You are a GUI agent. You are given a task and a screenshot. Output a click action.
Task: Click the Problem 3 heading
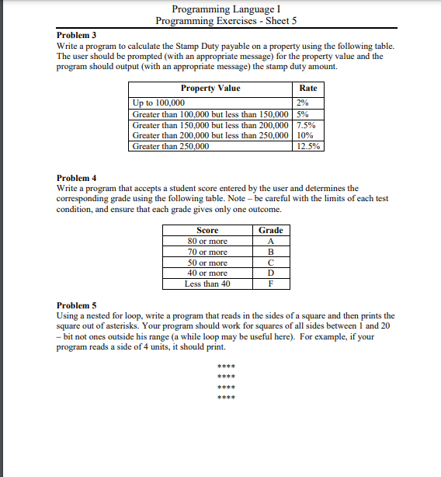(x=77, y=36)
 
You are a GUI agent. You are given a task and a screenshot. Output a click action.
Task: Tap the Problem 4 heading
(x=77, y=178)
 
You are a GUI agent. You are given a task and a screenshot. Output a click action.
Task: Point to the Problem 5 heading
(x=77, y=305)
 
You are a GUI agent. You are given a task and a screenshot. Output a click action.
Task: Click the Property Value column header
(x=210, y=89)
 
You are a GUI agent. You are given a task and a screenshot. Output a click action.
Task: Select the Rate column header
(x=308, y=89)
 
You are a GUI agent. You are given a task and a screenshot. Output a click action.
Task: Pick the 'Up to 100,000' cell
(x=159, y=103)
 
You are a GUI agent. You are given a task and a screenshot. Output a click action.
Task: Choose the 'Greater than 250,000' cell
(x=171, y=146)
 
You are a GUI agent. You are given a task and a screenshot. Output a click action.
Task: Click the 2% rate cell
(x=304, y=103)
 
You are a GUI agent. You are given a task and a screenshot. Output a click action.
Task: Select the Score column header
(x=207, y=230)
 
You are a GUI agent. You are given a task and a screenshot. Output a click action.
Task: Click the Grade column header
(x=270, y=230)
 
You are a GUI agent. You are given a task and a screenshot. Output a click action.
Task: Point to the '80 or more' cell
(x=207, y=241)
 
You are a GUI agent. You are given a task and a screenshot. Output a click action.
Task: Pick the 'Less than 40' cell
(x=207, y=284)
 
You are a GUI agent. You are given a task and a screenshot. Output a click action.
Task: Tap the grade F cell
(x=270, y=284)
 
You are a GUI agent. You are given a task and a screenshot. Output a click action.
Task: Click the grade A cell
(x=270, y=241)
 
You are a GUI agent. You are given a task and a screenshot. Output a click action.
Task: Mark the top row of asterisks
(x=225, y=367)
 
